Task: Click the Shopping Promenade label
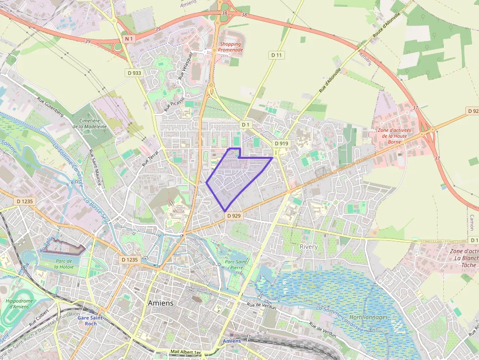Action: tap(230, 47)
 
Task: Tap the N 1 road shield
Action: tap(129, 39)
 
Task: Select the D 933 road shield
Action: tap(134, 73)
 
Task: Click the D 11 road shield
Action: tap(277, 55)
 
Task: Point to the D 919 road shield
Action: tap(282, 144)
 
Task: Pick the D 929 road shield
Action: tap(234, 216)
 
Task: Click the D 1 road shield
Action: tap(245, 125)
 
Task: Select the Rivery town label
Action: tap(308, 247)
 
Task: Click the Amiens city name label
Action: tap(160, 303)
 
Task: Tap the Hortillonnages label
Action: tap(369, 317)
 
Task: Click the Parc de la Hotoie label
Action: tap(64, 264)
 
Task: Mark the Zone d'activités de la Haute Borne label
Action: tap(393, 136)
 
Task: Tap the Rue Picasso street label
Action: tap(174, 104)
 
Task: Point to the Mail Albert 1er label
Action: tap(186, 352)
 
